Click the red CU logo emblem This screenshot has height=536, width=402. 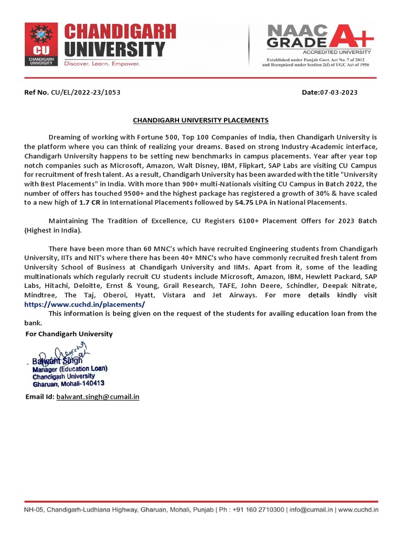tap(41, 44)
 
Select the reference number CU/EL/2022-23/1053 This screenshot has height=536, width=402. tap(86, 92)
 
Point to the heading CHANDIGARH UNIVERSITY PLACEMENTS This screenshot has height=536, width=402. tap(200, 120)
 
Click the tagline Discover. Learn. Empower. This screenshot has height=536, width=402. tap(102, 63)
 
